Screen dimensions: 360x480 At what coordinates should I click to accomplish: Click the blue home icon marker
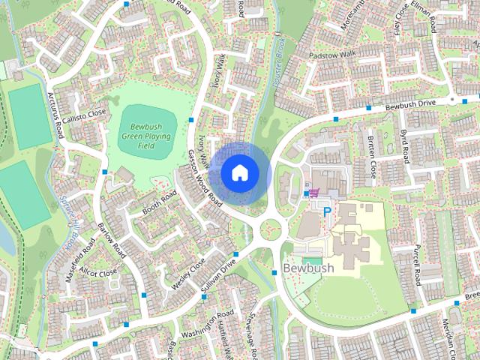(239, 172)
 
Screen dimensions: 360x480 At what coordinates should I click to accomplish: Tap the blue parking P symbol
(326, 211)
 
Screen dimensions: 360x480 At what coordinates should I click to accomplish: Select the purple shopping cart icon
(313, 193)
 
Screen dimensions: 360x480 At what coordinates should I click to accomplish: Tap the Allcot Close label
(97, 272)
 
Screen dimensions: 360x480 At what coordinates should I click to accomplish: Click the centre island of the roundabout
(269, 227)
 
